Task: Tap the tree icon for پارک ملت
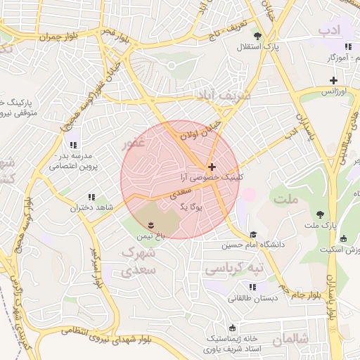pyautogui.click(x=321, y=214)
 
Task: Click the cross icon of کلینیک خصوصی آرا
pyautogui.click(x=212, y=167)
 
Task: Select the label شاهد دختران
pyautogui.click(x=91, y=208)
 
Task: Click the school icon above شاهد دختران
pyautogui.click(x=91, y=198)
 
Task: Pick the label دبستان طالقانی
pyautogui.click(x=252, y=298)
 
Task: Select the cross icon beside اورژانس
pyautogui.click(x=333, y=81)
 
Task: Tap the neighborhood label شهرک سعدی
pyautogui.click(x=138, y=260)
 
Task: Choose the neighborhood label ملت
pyautogui.click(x=289, y=200)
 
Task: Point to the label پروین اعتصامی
pyautogui.click(x=74, y=167)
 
